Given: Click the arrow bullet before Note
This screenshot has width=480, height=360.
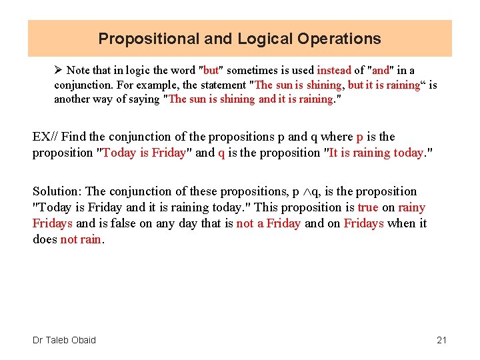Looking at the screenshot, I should pos(59,70).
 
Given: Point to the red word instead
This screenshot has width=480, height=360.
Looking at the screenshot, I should pos(334,70).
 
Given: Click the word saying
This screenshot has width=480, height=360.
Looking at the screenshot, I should pos(143,99).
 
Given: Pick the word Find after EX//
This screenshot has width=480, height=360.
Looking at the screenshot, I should pos(73,137).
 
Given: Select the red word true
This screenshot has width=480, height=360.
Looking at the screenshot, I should pos(367,207).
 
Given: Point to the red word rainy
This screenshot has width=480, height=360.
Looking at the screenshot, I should pos(411,207).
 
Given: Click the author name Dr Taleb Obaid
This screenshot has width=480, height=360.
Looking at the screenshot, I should pos(64,340).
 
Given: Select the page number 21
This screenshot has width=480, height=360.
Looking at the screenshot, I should pos(441,340).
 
